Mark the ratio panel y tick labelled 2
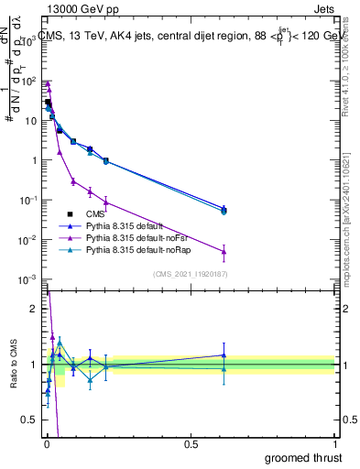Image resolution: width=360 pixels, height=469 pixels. point(34,309)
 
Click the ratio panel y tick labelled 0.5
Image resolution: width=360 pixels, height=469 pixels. point(31,420)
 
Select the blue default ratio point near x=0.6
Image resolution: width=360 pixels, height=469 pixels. point(224,355)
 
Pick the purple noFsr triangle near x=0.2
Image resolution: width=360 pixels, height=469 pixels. point(105,202)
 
